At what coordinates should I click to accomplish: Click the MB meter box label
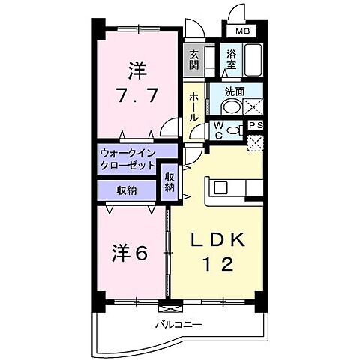244,31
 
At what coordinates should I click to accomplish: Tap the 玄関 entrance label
193,58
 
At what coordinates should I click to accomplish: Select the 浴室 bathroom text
232,58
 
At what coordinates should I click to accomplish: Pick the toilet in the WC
238,129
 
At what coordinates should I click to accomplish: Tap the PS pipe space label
256,126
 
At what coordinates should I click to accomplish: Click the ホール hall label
193,106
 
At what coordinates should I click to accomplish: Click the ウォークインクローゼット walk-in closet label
128,159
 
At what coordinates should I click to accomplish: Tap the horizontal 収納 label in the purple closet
126,190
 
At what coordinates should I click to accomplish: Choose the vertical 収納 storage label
170,182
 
